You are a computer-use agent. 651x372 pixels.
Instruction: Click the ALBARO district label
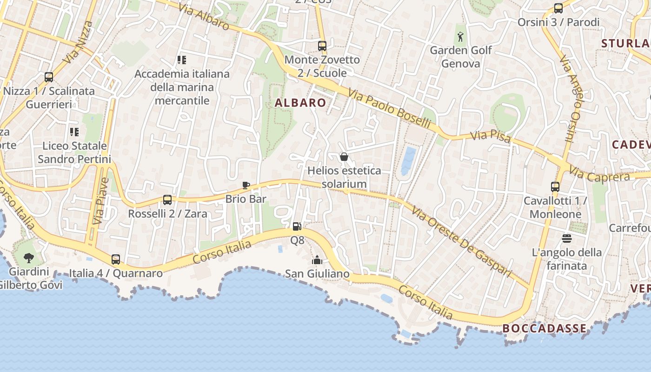coord(300,103)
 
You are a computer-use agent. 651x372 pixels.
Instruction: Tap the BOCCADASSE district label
coord(544,328)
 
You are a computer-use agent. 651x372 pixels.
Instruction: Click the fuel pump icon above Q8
coord(297,226)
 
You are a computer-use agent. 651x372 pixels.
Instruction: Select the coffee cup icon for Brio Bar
coord(246,186)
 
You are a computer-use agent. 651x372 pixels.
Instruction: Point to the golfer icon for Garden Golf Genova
coord(460,36)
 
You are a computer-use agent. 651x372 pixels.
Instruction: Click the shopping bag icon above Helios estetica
coord(344,157)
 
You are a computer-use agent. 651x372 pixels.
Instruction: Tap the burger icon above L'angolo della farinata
coord(566,239)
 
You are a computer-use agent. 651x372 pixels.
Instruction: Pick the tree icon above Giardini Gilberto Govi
coord(29,258)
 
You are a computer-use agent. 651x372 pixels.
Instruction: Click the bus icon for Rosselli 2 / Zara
coord(167,200)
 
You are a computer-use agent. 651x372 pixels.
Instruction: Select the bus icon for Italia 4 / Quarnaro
coord(116,259)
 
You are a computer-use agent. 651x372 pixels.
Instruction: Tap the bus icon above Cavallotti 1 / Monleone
coord(555,187)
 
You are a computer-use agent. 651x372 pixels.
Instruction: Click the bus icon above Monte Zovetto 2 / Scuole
coord(322,46)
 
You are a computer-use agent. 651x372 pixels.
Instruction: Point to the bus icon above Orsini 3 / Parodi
coord(558,8)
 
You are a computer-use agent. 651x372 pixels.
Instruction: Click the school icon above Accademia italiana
coord(182,60)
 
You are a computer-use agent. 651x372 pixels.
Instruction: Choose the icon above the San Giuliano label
coord(317,260)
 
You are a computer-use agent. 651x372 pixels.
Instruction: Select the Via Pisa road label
coord(491,137)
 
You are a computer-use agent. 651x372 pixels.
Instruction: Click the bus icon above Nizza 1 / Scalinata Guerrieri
coord(49,77)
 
